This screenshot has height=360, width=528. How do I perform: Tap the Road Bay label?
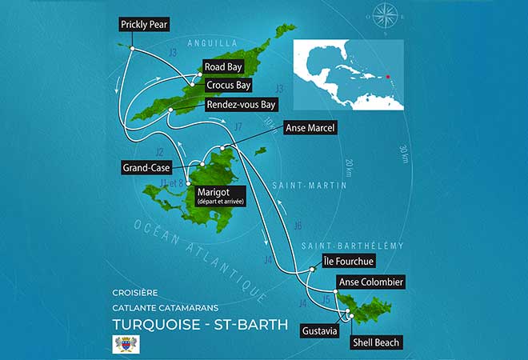[x=223, y=67]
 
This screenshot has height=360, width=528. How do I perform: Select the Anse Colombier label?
[x=370, y=282]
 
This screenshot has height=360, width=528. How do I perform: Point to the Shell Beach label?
[x=376, y=342]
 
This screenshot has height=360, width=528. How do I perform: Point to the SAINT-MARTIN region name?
[x=320, y=186]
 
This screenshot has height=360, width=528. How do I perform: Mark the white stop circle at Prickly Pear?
[x=130, y=50]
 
